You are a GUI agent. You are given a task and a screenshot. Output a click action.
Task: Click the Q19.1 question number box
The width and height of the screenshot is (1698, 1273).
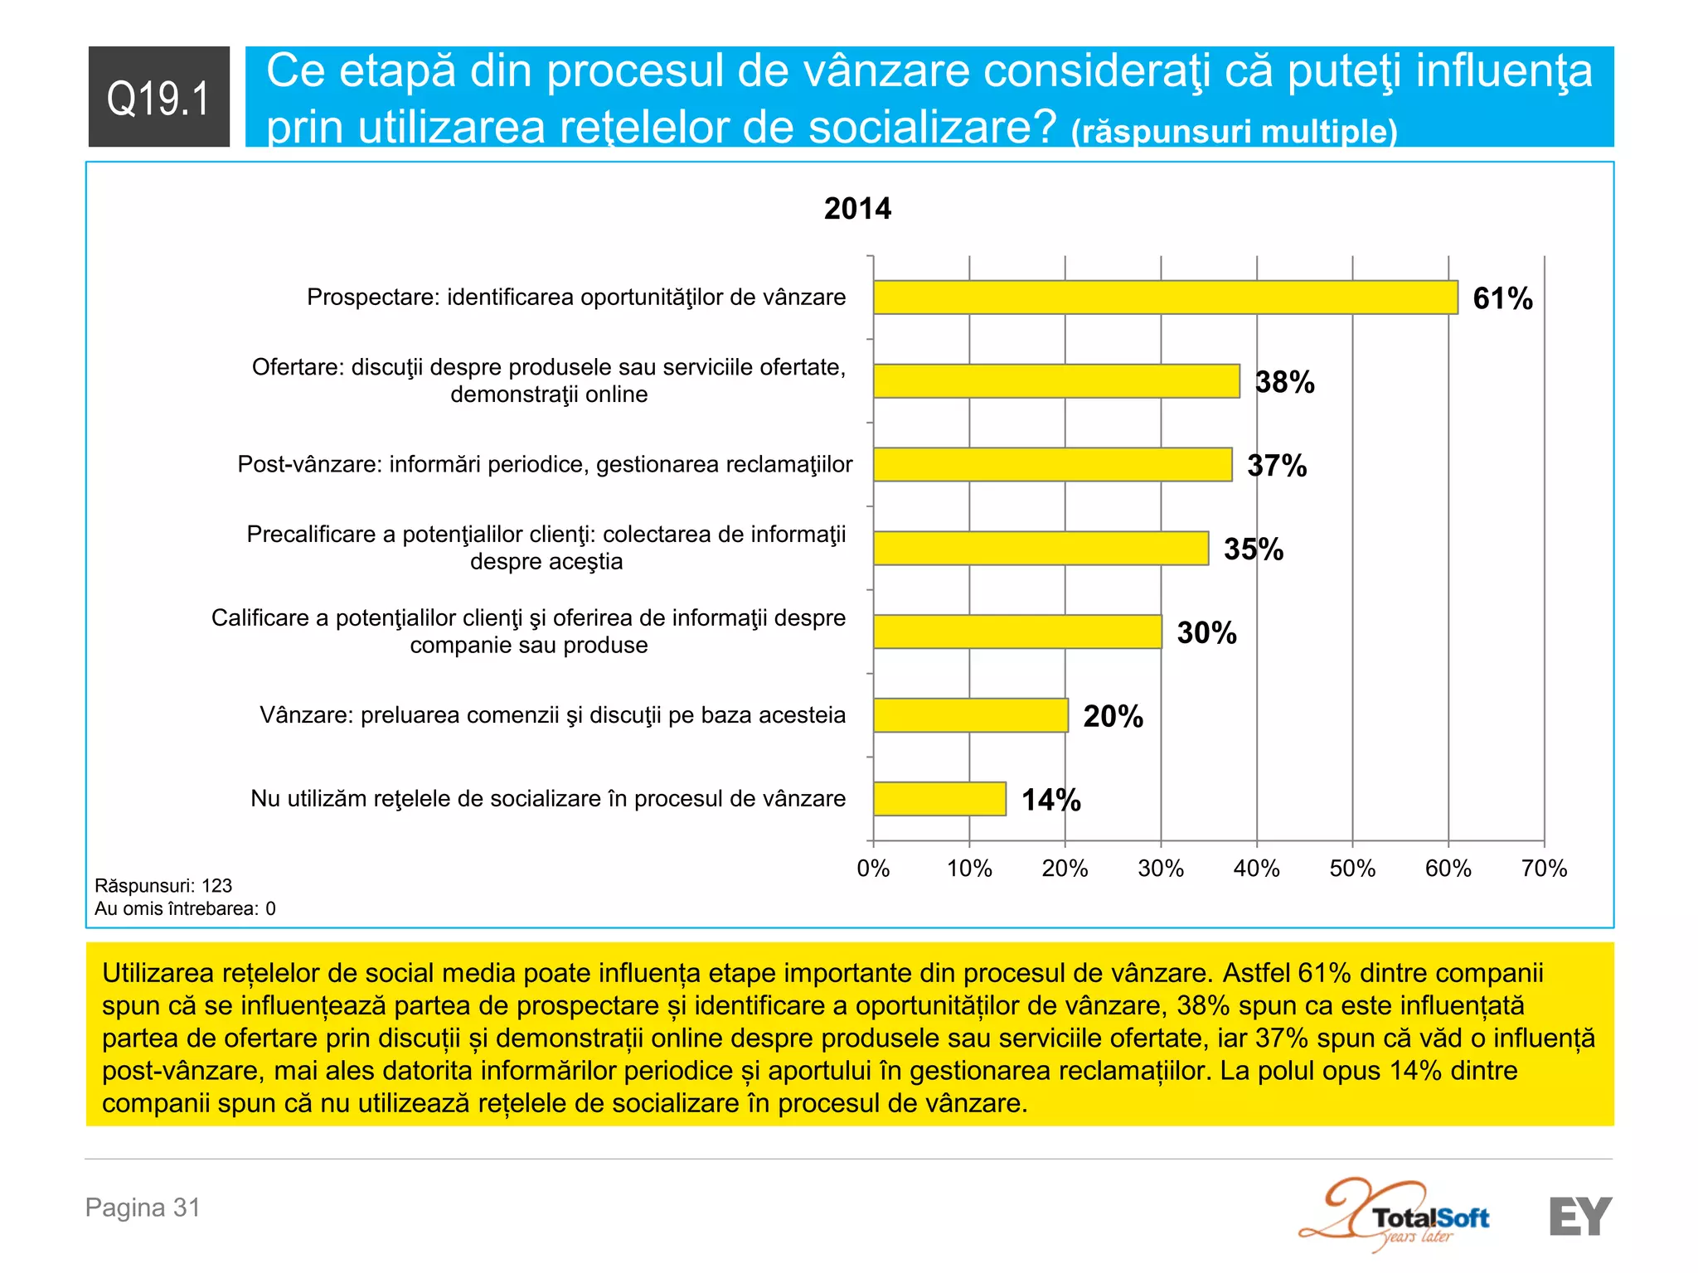[x=158, y=97]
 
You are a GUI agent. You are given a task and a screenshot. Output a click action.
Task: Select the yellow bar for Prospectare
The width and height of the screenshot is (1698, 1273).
[x=1165, y=298]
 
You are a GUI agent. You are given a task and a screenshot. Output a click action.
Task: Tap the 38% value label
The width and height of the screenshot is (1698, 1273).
[x=1284, y=382]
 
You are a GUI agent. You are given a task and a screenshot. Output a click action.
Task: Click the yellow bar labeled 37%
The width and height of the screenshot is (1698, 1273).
[x=1052, y=465]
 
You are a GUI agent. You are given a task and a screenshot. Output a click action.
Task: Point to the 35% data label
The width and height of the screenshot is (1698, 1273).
[x=1253, y=549]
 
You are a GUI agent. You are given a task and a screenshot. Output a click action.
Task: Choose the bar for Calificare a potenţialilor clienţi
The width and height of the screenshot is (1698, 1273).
[x=1017, y=632]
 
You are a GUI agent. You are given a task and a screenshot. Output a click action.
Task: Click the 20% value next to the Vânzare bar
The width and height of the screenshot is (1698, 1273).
[x=1113, y=716]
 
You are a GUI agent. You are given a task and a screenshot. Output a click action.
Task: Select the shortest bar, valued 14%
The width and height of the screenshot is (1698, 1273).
[x=939, y=799]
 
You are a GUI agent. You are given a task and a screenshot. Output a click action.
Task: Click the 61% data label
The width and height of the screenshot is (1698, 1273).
[x=1502, y=298]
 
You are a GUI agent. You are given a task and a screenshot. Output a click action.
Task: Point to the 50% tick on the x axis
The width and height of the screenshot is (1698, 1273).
[x=1352, y=869]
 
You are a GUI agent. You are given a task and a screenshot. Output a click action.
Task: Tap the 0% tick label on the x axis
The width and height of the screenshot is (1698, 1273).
[x=873, y=869]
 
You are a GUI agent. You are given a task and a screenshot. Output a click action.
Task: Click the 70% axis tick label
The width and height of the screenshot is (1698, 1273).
[x=1544, y=869]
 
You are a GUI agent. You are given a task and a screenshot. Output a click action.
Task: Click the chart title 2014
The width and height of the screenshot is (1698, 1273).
[x=857, y=209]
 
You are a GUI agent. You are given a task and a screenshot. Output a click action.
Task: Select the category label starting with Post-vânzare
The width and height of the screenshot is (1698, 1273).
[x=545, y=464]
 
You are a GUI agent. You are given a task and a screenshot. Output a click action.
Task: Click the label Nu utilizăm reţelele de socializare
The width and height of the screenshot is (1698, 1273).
[x=548, y=798]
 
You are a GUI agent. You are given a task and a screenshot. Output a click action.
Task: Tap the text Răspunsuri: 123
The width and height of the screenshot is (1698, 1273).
[x=163, y=885]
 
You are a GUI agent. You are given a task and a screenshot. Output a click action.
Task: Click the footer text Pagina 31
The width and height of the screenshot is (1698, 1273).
[x=143, y=1208]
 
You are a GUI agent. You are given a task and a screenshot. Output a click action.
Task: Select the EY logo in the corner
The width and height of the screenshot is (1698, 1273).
[x=1579, y=1216]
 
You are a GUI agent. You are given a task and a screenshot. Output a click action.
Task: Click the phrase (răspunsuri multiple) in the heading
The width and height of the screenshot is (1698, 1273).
[x=1234, y=132]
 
